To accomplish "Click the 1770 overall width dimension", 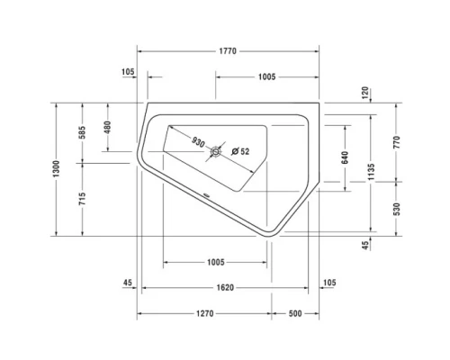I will (x=227, y=51).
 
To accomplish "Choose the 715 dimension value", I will (x=82, y=202).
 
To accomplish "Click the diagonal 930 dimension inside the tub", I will (x=199, y=141).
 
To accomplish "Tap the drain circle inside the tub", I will (x=216, y=153).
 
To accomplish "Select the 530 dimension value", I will (x=396, y=209).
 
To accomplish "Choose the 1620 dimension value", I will (x=225, y=288).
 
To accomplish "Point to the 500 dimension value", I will (x=296, y=313).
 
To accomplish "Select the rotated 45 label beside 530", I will (x=365, y=244).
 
